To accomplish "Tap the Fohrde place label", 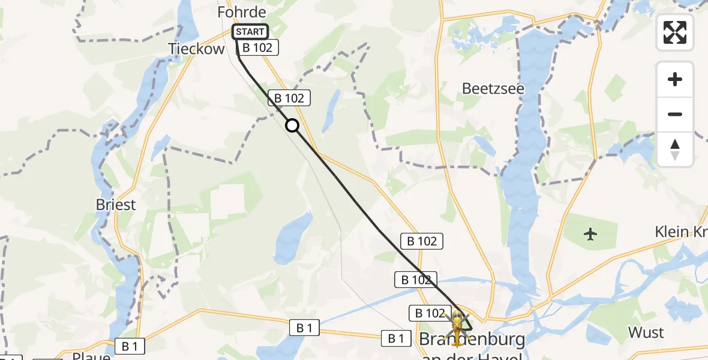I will [x=242, y=12].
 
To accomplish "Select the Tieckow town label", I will [x=196, y=49].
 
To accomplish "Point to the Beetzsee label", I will [x=493, y=89].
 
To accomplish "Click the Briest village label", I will [x=116, y=205].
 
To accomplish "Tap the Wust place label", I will [x=646, y=332].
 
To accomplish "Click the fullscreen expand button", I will [x=675, y=32].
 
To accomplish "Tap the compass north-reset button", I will [x=675, y=149].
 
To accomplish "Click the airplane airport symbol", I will [x=591, y=234].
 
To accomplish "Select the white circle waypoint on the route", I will [x=292, y=125].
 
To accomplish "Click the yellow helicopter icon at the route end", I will [x=457, y=324].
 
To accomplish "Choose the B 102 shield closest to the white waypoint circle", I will [x=290, y=98].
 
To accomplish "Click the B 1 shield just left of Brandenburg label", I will [x=396, y=338].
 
